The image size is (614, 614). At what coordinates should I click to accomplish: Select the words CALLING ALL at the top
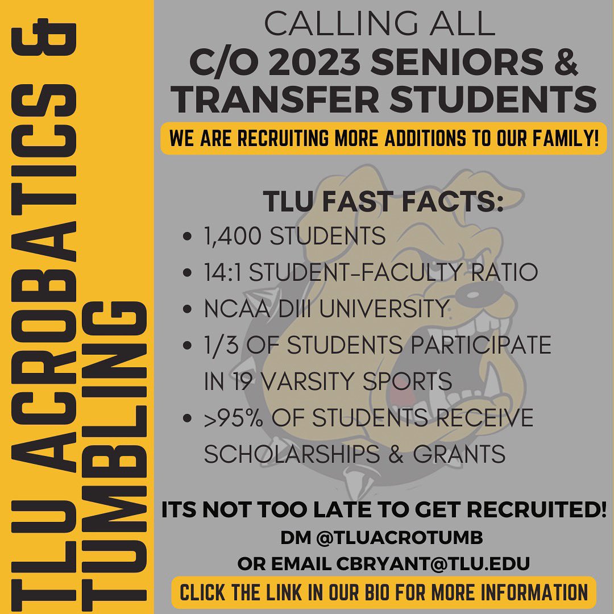(379, 24)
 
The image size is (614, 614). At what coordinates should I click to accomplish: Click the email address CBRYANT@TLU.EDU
(433, 564)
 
